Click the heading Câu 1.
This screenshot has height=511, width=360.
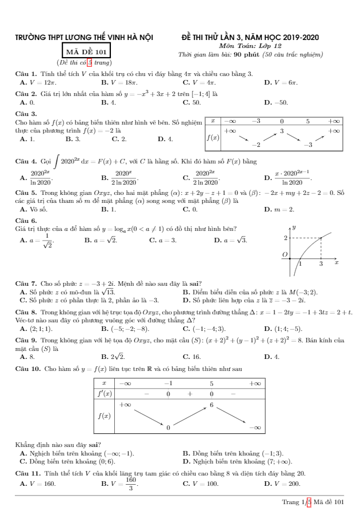(x=25, y=74)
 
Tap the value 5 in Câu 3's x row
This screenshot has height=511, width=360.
(x=307, y=121)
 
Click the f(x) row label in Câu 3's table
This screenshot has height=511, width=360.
(x=213, y=138)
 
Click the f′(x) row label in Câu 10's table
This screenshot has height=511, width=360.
(x=104, y=394)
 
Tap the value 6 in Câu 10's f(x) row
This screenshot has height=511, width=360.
(x=211, y=405)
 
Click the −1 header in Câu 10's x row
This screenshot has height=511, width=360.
(x=168, y=383)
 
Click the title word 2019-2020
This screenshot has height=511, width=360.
(x=299, y=38)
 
